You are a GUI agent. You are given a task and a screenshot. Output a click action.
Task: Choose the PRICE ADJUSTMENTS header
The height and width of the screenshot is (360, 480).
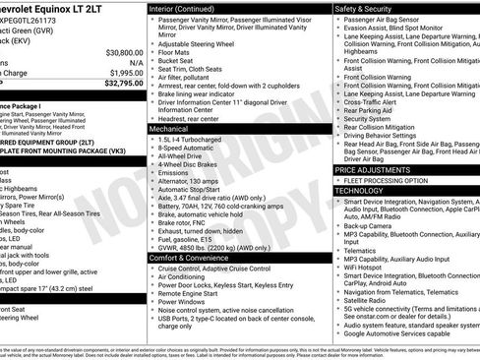point(378,170)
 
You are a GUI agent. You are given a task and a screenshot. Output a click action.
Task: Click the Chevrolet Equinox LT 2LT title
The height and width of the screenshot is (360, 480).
point(59,9)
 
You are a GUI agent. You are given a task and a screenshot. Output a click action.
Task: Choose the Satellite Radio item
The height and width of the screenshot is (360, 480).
point(371,299)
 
